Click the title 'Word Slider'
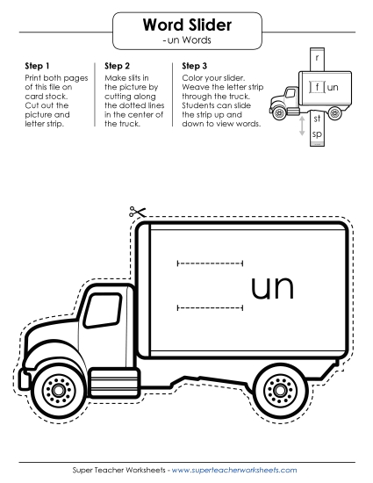click(187, 25)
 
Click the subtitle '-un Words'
click(187, 40)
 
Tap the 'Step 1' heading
click(37, 66)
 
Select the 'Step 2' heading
click(117, 66)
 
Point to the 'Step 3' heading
click(195, 66)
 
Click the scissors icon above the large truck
click(137, 212)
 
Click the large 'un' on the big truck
click(273, 288)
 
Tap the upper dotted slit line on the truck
click(211, 263)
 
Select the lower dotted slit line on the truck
click(211, 307)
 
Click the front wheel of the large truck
click(58, 390)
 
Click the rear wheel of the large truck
click(280, 390)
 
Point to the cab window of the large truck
click(103, 310)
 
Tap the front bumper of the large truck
click(24, 378)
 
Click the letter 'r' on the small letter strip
click(318, 58)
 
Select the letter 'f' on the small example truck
click(318, 87)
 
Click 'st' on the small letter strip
click(317, 119)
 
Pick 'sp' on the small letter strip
click(317, 134)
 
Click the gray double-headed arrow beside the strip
click(302, 126)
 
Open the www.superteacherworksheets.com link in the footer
click(234, 470)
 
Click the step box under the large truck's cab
click(114, 383)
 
